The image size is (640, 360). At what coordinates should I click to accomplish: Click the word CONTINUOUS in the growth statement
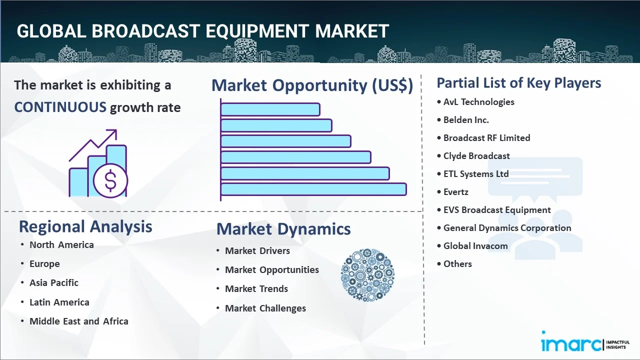(60, 107)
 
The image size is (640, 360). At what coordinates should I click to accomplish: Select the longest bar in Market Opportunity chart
(313, 189)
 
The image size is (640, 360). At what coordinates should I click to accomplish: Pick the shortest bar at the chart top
(270, 109)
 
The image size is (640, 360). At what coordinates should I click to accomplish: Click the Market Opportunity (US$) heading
(312, 85)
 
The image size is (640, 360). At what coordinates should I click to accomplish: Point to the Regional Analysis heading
(85, 226)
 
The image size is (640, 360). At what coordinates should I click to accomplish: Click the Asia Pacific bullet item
(54, 283)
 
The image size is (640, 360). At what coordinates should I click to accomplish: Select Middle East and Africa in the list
(78, 321)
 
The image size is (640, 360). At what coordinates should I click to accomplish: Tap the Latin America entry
(59, 302)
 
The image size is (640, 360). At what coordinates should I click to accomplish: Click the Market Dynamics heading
(283, 229)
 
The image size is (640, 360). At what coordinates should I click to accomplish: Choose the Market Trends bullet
(256, 289)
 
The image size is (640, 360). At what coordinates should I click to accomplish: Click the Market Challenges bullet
(265, 308)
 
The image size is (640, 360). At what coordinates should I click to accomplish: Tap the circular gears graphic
(367, 275)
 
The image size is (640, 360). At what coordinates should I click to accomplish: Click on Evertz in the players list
(455, 192)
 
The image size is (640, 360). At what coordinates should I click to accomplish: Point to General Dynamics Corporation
(507, 228)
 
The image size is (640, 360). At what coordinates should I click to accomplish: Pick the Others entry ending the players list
(457, 264)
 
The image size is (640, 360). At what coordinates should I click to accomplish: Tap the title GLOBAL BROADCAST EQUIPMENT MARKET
(202, 31)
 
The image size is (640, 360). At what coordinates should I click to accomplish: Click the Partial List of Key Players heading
(518, 83)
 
